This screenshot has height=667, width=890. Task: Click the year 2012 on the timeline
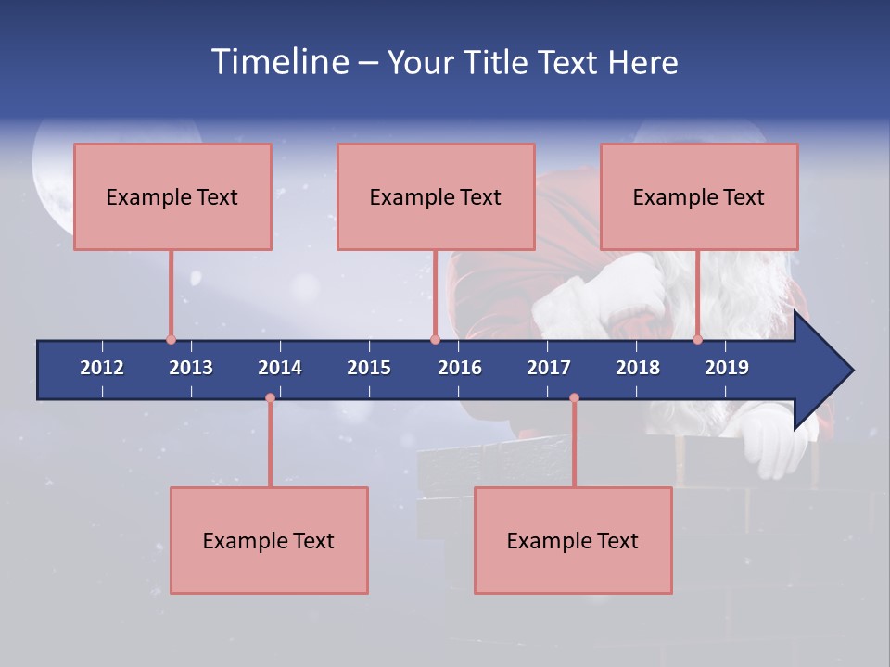click(x=102, y=368)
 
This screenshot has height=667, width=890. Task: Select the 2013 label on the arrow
click(x=191, y=368)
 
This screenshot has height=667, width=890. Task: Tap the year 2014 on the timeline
click(x=280, y=368)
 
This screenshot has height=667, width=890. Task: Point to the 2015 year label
click(x=369, y=368)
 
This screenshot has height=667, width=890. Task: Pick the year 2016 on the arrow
click(x=460, y=368)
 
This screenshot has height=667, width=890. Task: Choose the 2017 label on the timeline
click(x=549, y=368)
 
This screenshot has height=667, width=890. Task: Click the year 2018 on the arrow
click(x=638, y=368)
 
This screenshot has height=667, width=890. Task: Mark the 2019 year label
click(x=727, y=368)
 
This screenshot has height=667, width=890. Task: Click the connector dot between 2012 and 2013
click(x=171, y=340)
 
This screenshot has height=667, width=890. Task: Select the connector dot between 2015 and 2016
click(x=435, y=340)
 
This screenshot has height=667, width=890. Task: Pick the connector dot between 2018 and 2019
click(x=698, y=340)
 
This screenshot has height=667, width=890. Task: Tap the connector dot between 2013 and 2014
click(x=270, y=398)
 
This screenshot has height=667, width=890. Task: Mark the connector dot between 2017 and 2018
click(x=574, y=398)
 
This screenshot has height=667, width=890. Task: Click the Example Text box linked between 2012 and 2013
click(x=172, y=196)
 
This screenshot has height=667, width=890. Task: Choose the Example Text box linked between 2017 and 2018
click(x=573, y=540)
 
